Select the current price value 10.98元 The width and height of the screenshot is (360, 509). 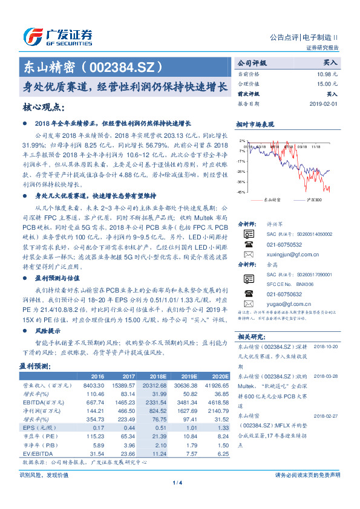[327, 73]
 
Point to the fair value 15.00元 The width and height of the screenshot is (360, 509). [327, 83]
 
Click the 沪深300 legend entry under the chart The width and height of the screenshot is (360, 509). [315, 199]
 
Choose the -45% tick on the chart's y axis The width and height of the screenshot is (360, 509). [241, 192]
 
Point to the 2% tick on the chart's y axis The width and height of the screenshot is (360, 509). [242, 141]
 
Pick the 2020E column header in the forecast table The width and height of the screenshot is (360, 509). [220, 375]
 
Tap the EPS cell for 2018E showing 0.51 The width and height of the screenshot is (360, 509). [159, 427]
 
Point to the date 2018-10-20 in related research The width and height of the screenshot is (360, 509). [327, 346]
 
